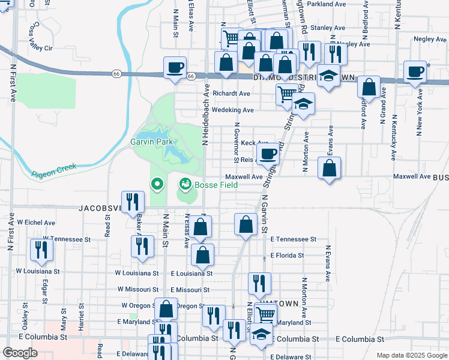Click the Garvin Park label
coord(152,142)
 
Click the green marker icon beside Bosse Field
coord(185,183)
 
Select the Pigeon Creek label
coord(54,169)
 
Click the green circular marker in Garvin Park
coord(157,184)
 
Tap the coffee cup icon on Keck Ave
coord(268,153)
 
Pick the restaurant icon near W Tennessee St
coord(41,250)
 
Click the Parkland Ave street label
coord(326,4)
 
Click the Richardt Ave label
coord(231,94)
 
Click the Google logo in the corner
coord(20,353)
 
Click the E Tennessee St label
coord(293,239)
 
